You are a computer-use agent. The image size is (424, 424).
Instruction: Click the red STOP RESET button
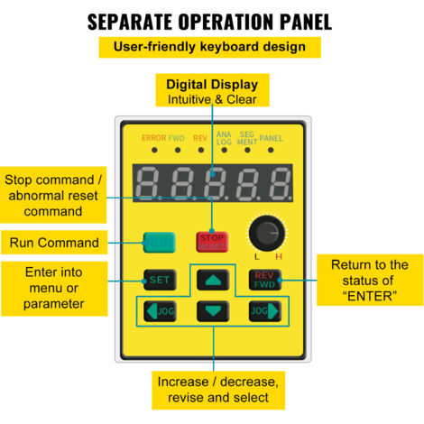[212, 242]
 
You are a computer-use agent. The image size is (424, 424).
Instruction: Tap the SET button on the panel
[160, 280]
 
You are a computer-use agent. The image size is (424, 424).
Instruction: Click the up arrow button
[213, 280]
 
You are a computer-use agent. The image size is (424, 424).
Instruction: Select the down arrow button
[213, 311]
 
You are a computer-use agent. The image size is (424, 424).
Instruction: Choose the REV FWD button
[265, 280]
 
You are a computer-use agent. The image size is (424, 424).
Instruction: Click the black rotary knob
[267, 233]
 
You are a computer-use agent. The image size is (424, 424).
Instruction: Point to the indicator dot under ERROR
[154, 150]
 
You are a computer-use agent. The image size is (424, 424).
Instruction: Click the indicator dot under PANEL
[271, 150]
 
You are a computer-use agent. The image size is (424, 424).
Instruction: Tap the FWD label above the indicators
[176, 138]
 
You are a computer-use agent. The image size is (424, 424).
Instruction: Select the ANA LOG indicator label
[224, 138]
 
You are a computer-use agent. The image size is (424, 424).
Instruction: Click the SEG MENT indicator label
[247, 138]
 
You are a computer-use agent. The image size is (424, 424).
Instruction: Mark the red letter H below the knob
[279, 256]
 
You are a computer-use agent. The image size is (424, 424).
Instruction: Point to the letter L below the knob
[256, 256]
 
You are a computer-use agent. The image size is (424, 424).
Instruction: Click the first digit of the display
[149, 183]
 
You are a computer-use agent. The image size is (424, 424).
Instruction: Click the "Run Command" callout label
[54, 243]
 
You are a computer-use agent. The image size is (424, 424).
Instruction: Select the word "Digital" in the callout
[187, 85]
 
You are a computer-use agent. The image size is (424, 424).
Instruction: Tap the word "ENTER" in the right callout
[370, 297]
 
